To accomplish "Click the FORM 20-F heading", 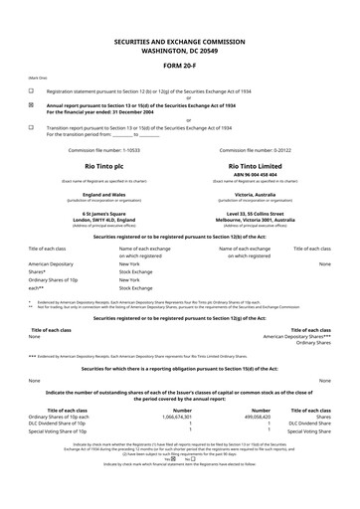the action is pyautogui.click(x=180, y=67).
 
